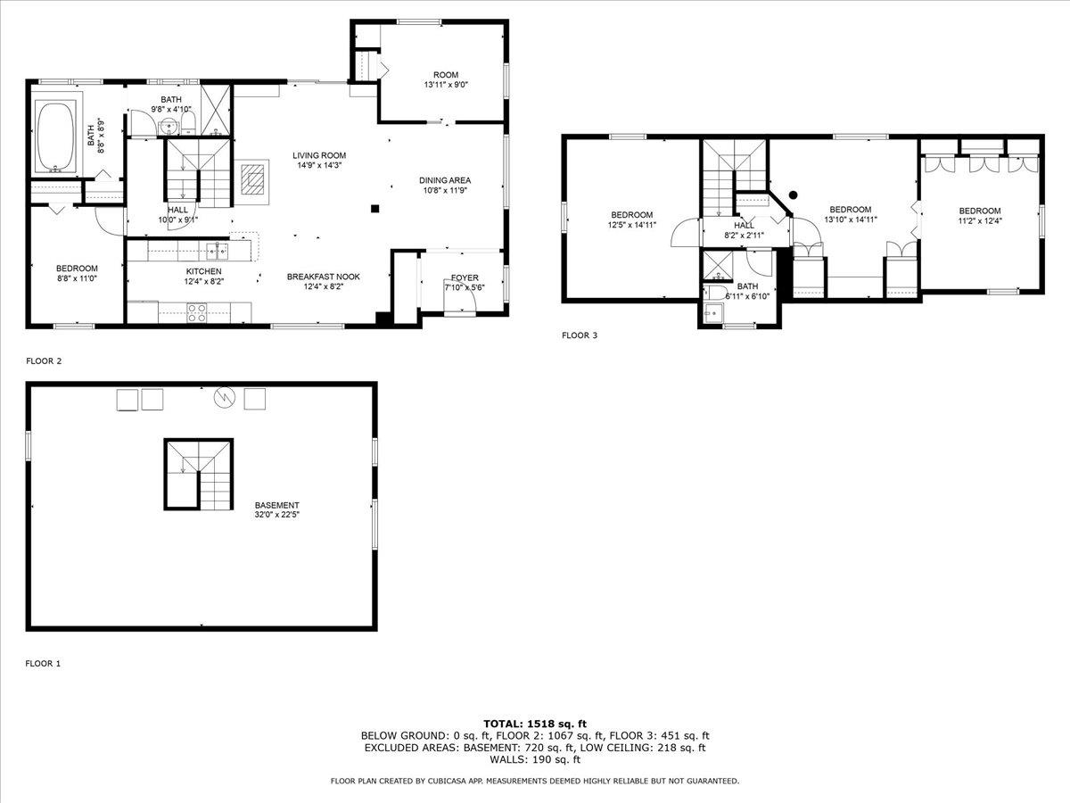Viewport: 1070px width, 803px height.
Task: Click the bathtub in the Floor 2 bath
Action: pos(55,137)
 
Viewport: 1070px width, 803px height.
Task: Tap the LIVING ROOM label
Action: pos(318,155)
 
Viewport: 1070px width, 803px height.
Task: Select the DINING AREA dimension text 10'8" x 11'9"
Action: pos(445,190)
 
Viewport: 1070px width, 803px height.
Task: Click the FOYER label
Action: pos(464,277)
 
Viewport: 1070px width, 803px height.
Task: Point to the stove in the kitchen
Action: pos(196,311)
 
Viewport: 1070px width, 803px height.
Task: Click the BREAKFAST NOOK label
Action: pos(323,277)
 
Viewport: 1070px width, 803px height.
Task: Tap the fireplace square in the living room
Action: pos(253,178)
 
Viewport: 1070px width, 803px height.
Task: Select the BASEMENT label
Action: pos(276,505)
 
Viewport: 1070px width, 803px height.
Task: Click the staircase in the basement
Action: pos(198,474)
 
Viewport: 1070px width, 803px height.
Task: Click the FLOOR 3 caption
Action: pos(579,335)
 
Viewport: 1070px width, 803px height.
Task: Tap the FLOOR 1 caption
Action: pos(43,664)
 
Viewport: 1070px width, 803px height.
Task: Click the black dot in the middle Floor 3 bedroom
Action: pos(793,195)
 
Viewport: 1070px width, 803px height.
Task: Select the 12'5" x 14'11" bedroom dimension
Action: pos(631,225)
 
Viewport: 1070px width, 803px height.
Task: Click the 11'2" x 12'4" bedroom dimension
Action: pos(979,221)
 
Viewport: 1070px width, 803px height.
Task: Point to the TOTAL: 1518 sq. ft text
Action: pos(535,724)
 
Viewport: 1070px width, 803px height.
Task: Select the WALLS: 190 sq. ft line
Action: pos(535,760)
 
